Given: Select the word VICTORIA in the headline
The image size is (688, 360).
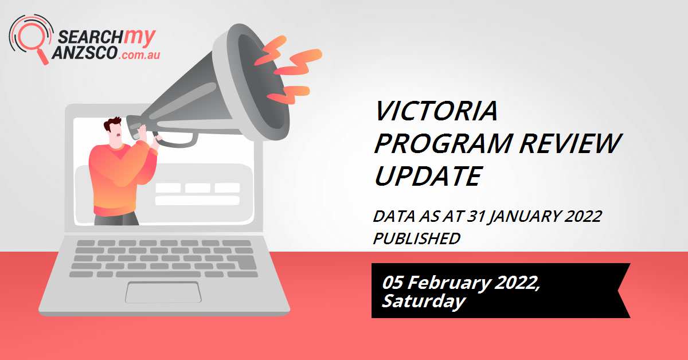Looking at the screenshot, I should [x=435, y=111].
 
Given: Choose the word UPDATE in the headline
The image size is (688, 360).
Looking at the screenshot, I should [x=427, y=176].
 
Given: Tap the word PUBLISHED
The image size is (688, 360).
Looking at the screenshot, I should [x=416, y=238].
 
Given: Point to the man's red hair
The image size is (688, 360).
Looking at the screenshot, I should [x=112, y=125].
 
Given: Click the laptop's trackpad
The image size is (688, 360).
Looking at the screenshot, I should [x=163, y=292].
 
